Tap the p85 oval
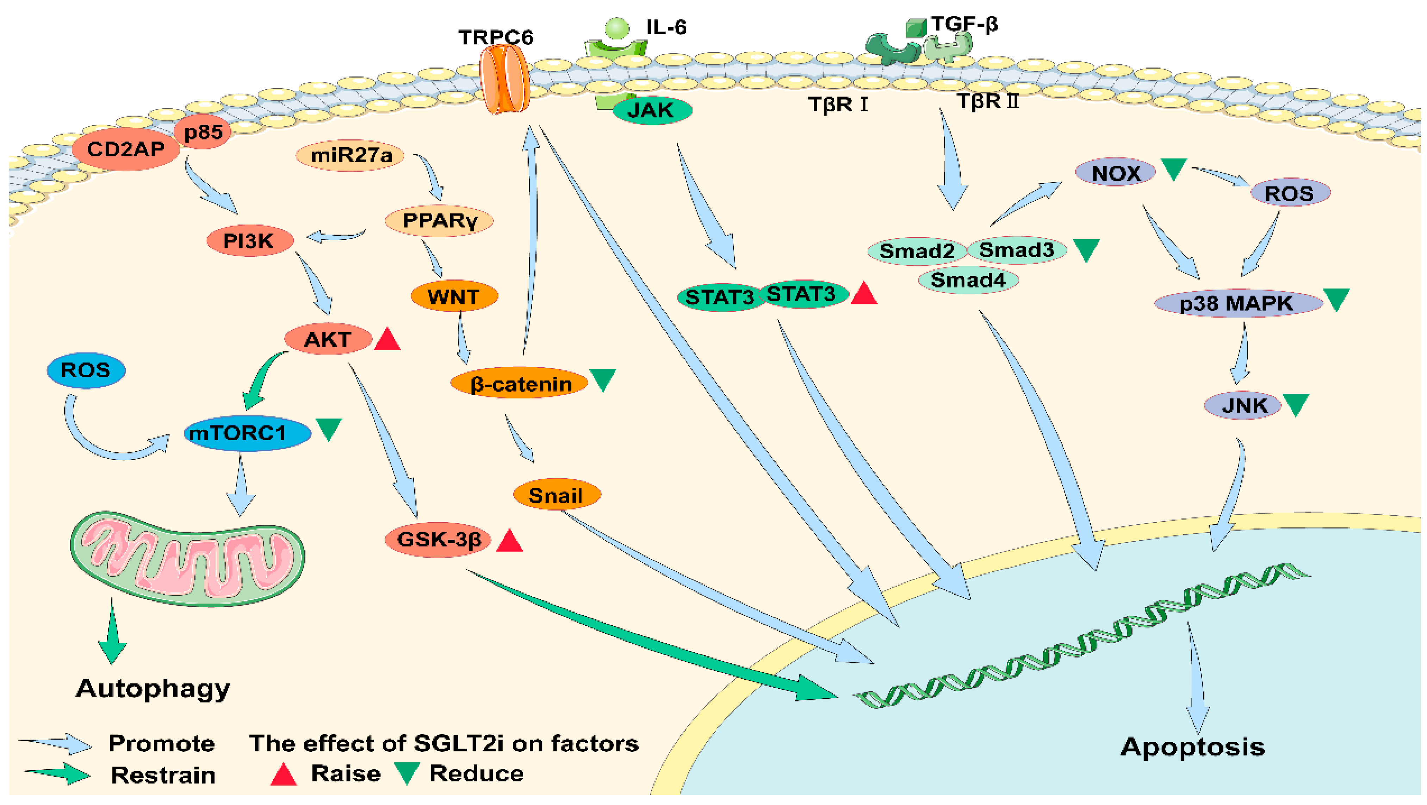click(x=203, y=132)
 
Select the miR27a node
click(x=350, y=155)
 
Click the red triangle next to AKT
click(x=387, y=340)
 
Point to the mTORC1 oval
click(x=247, y=433)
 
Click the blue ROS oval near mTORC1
click(x=86, y=370)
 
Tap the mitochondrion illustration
click(x=187, y=558)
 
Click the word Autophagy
click(x=153, y=689)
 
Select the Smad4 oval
click(x=968, y=280)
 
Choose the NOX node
click(x=1116, y=173)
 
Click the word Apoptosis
click(x=1193, y=747)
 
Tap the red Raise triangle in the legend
click(x=284, y=775)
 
